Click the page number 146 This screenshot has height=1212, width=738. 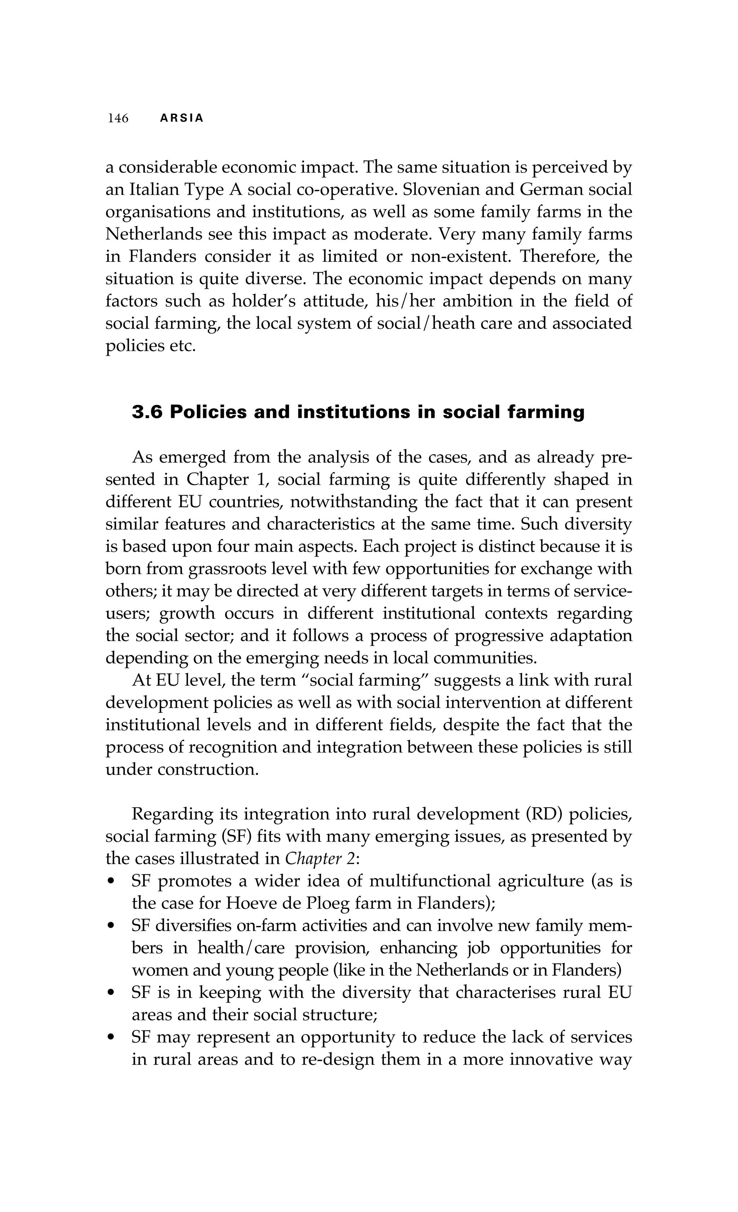point(118,118)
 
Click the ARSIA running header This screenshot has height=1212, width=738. point(182,118)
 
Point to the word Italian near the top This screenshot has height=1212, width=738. point(155,190)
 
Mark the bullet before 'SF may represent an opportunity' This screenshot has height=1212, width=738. point(112,1037)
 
